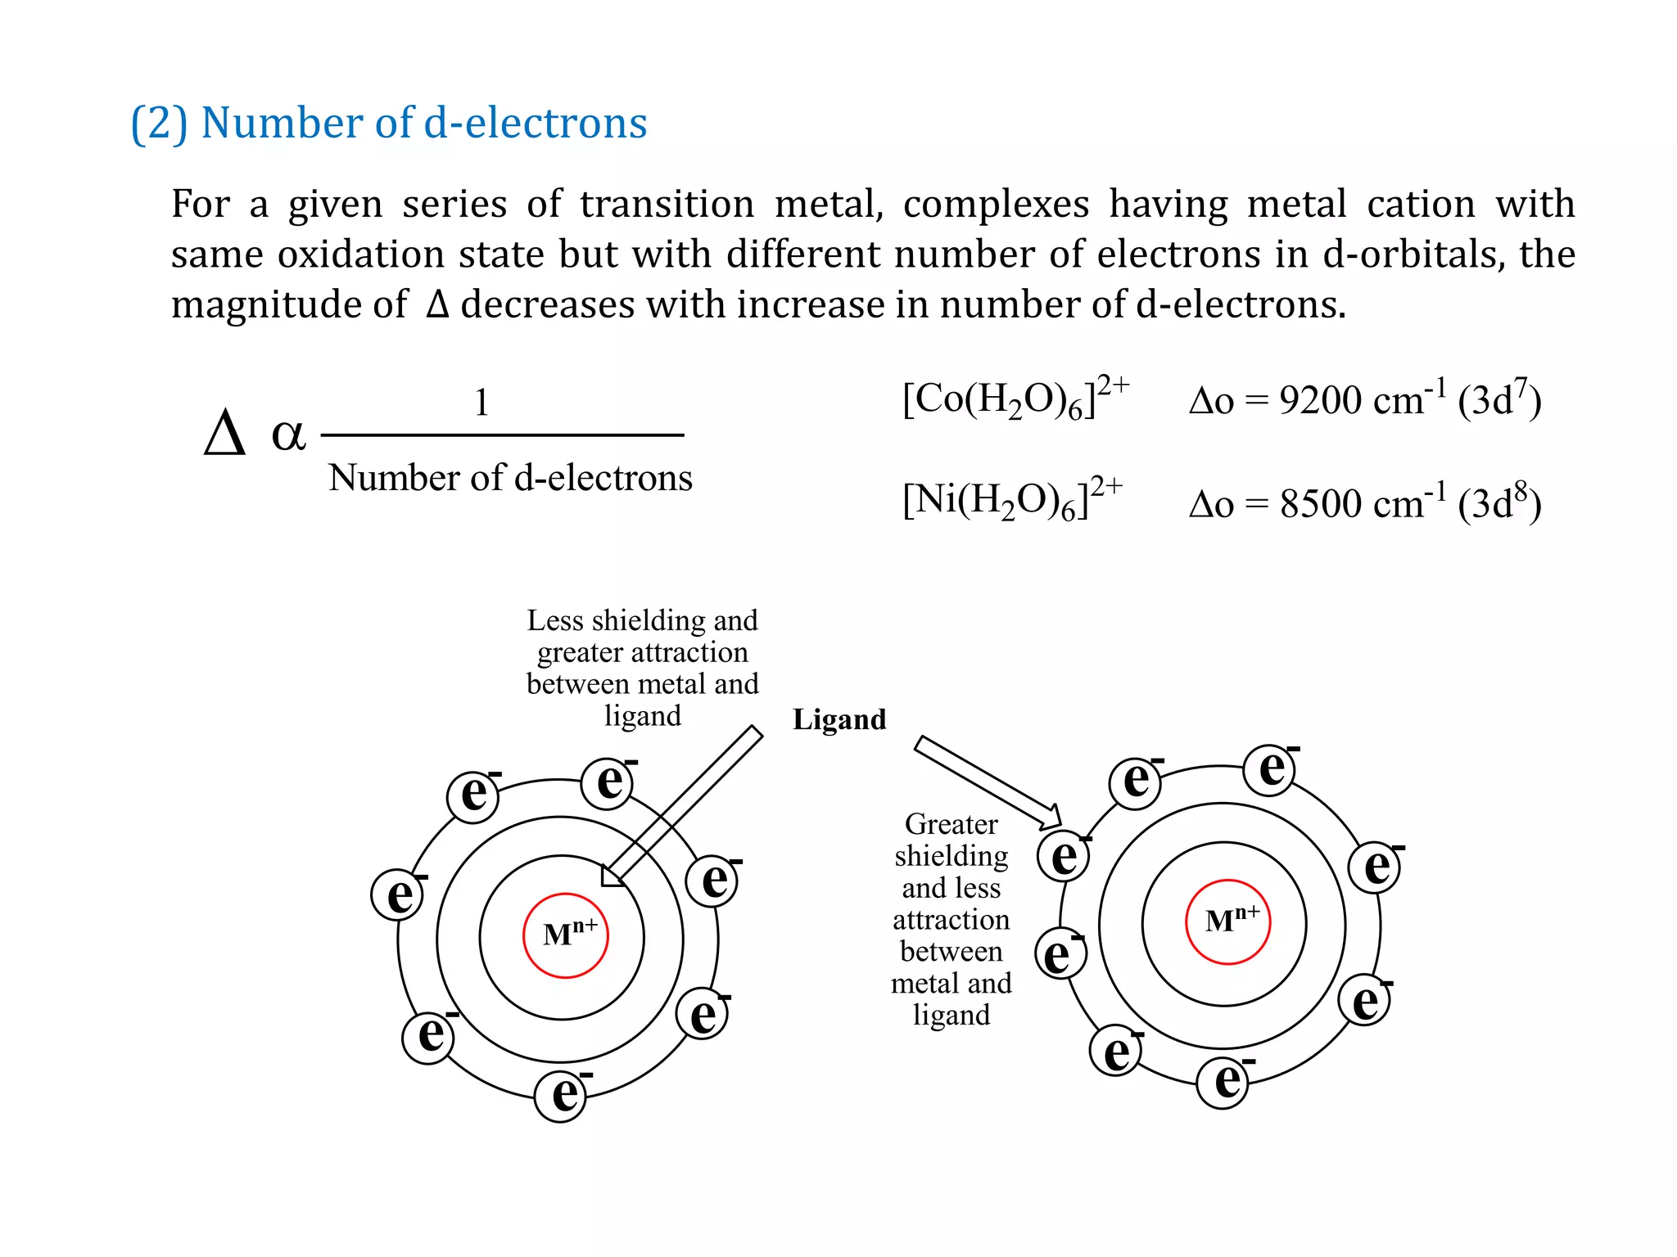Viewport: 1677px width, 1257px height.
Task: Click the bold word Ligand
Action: coord(839,719)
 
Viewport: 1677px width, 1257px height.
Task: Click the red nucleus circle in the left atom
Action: coord(566,935)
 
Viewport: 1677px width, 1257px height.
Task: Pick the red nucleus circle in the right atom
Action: coord(1228,922)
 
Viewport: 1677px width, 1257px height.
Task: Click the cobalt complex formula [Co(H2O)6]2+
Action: coord(1015,399)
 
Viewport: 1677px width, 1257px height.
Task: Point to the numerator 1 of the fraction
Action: coord(481,403)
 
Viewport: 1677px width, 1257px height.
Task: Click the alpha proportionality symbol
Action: coord(288,434)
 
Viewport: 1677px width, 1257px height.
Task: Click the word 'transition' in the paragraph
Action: coord(667,204)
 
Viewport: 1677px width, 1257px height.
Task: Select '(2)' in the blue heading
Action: coord(160,123)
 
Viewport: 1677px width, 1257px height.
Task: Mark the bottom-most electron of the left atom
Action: coord(562,1096)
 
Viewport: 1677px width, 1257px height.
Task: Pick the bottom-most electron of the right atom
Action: coord(1223,1082)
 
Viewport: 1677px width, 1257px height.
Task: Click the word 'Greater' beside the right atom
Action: coord(951,824)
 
